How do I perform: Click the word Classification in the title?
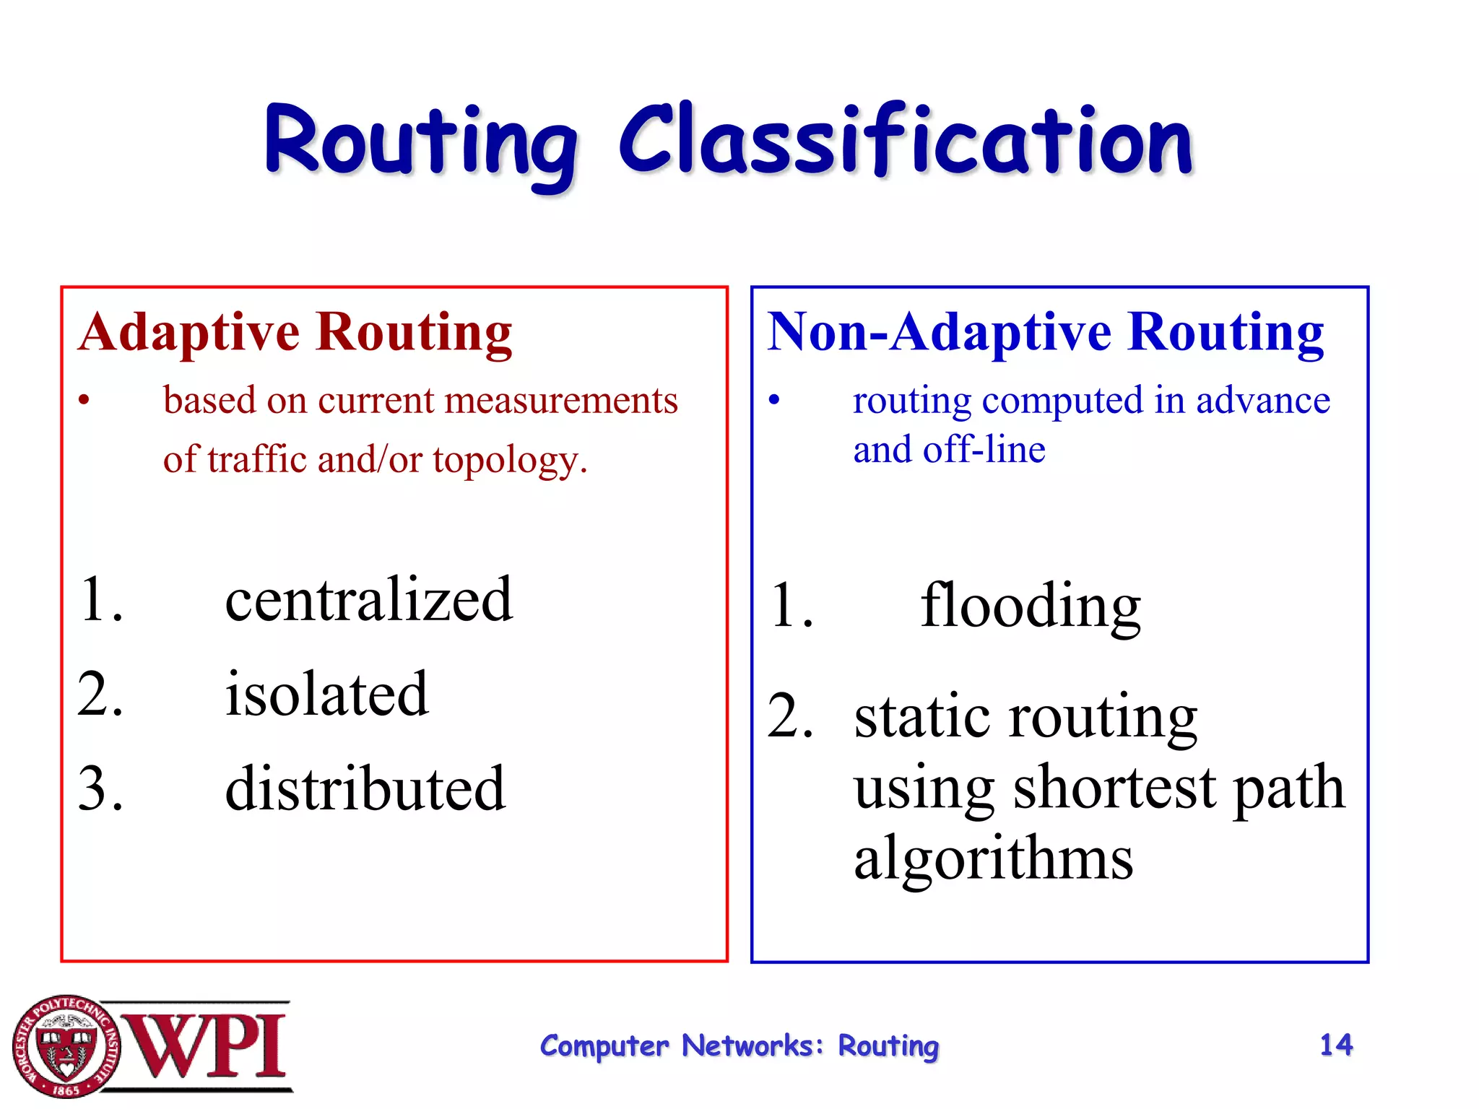(x=906, y=141)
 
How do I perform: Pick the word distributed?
(x=365, y=788)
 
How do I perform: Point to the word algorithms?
(x=993, y=858)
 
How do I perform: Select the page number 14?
(x=1335, y=1045)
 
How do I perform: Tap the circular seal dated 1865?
(x=66, y=1046)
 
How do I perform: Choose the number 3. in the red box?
(x=100, y=788)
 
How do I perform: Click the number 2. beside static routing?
(x=791, y=716)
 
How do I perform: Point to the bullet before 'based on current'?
(x=84, y=401)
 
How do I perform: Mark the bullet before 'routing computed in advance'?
(x=774, y=401)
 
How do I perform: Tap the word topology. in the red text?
(x=510, y=460)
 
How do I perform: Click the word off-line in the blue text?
(x=984, y=450)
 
